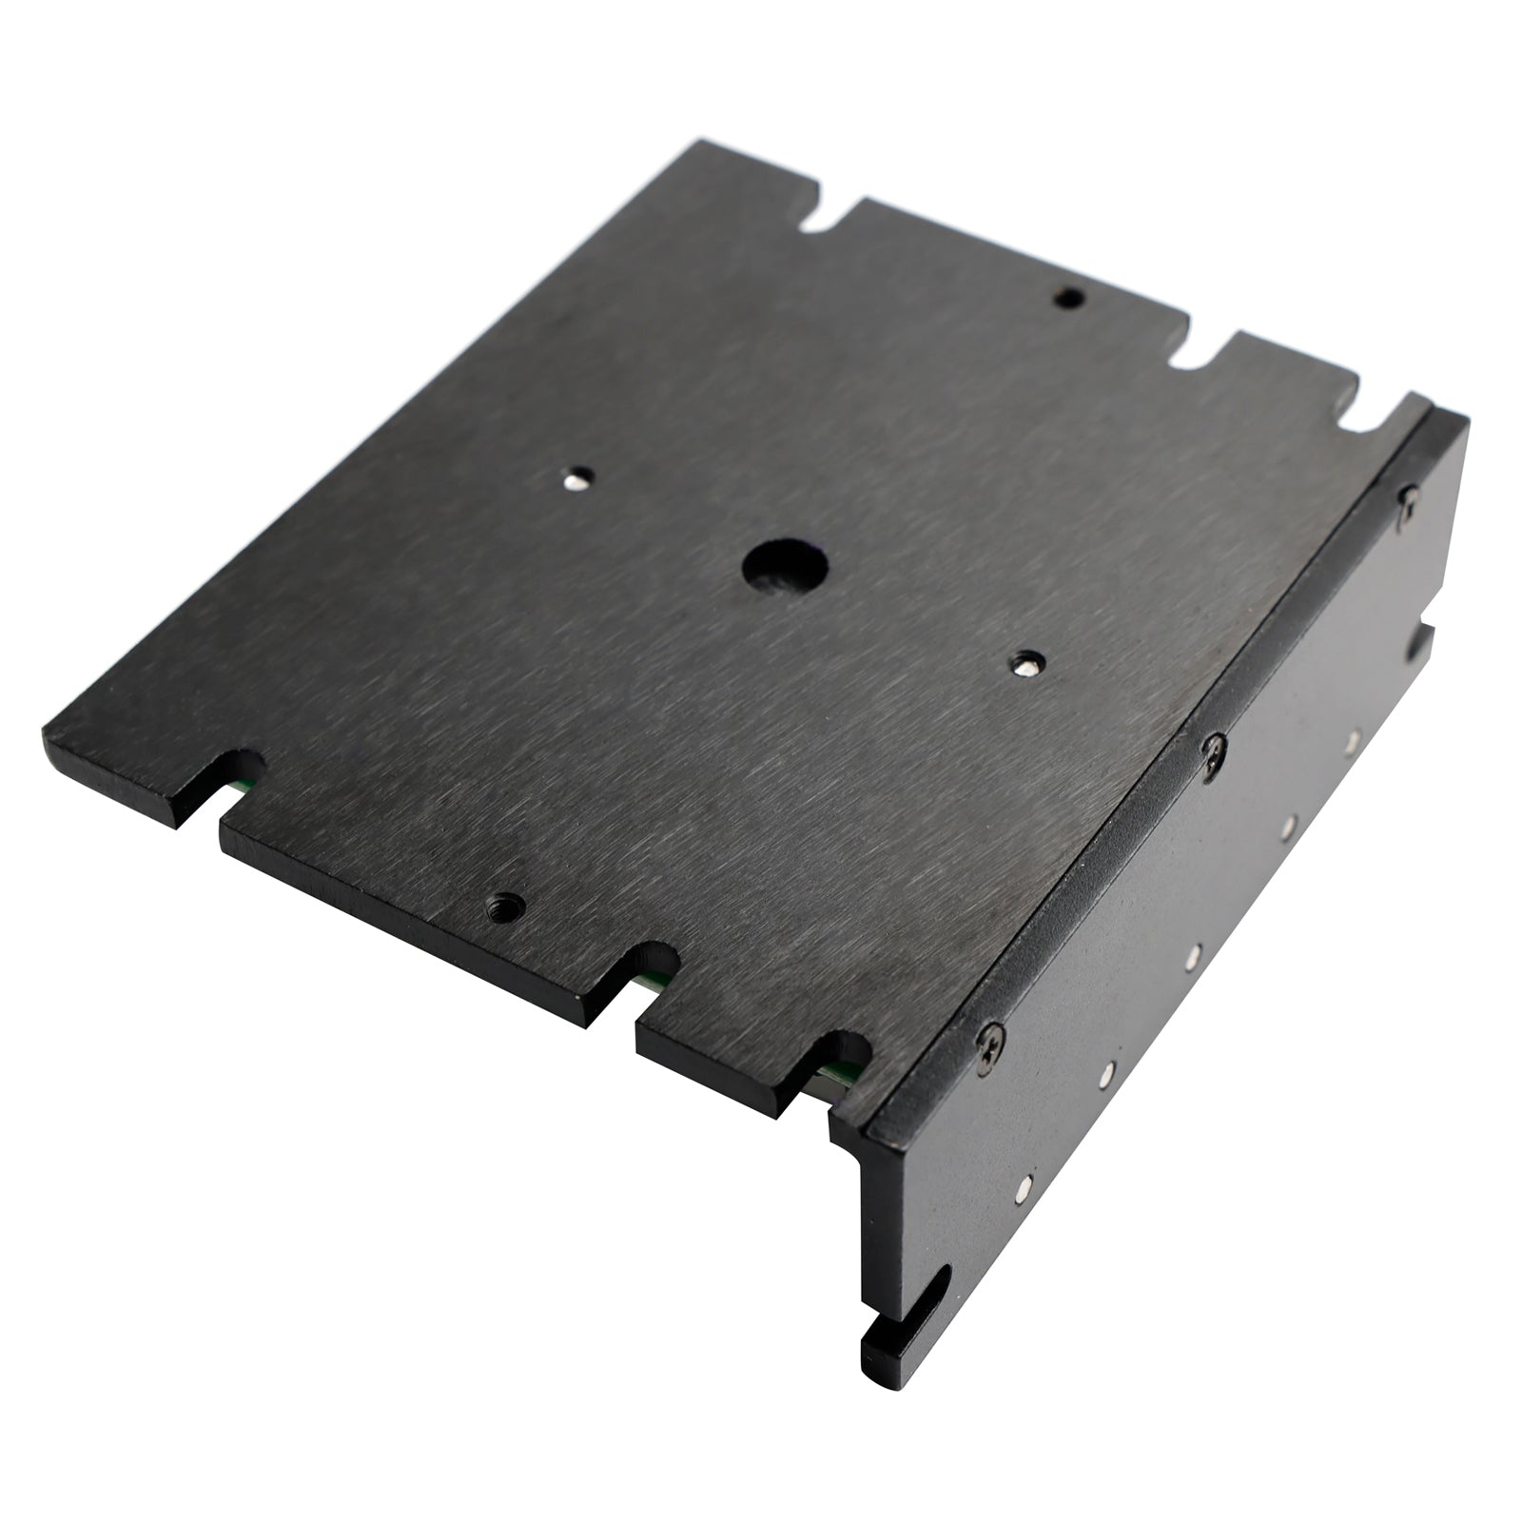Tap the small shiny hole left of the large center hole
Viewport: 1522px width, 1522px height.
click(577, 478)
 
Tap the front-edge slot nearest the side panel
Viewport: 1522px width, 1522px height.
click(839, 1056)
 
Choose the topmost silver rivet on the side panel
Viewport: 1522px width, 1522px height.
click(1350, 738)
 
